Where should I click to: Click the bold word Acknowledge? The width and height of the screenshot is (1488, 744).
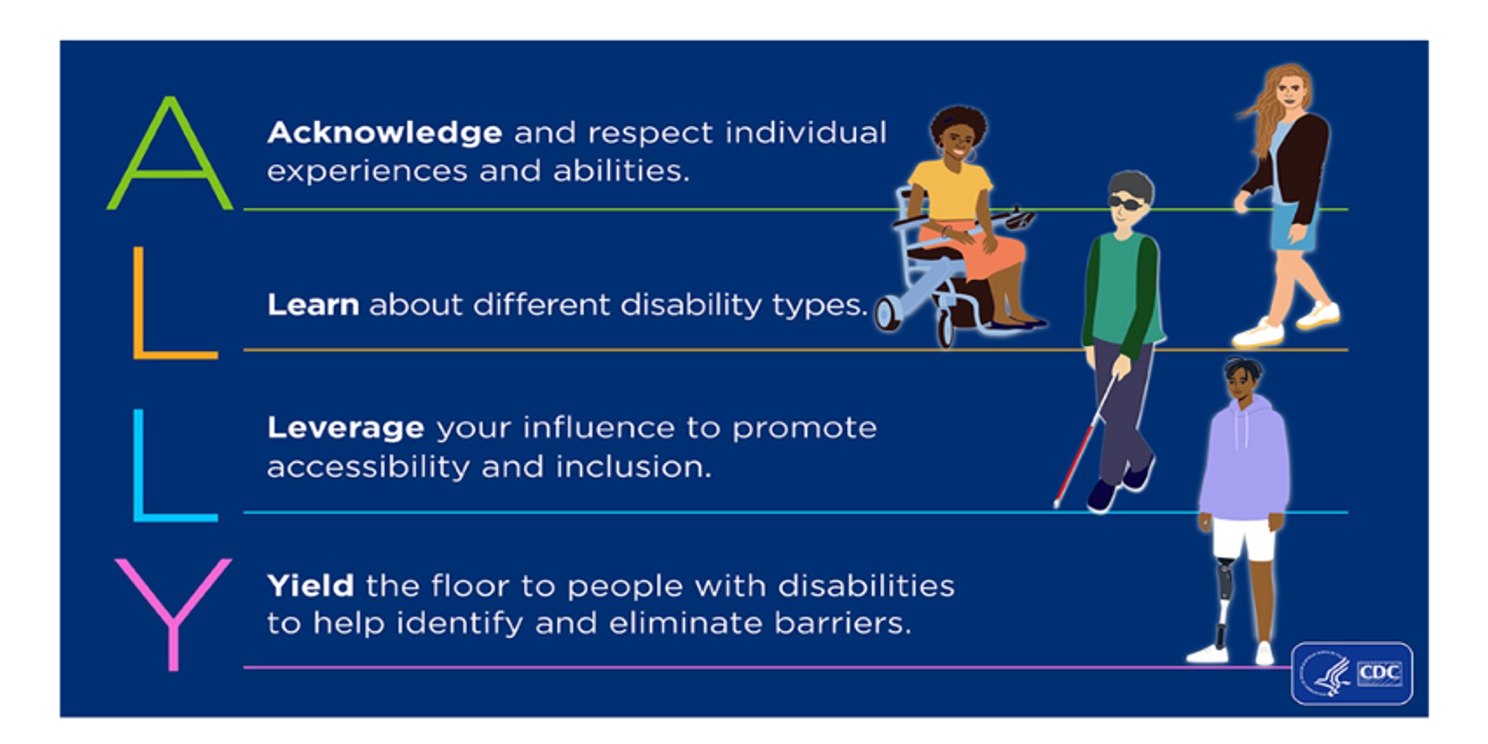385,133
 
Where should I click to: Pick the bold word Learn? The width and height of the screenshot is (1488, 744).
313,304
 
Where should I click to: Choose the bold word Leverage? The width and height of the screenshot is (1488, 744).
346,429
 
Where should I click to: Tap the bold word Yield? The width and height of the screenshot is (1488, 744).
311,586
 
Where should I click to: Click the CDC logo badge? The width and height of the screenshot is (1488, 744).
1352,674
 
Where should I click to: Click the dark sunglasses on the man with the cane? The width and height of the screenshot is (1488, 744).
1126,203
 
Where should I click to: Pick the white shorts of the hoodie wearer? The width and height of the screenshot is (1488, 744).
1244,539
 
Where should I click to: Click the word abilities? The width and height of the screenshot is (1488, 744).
621,171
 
